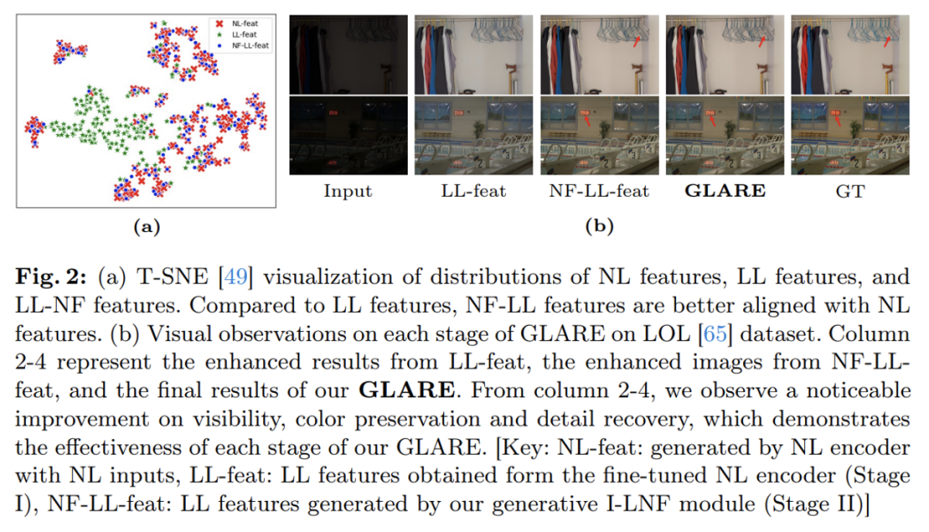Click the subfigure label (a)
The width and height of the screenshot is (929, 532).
coord(146,227)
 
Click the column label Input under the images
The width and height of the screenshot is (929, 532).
coord(348,192)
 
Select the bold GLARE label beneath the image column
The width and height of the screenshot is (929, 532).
coord(724,191)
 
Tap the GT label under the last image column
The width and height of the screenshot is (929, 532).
coord(849,192)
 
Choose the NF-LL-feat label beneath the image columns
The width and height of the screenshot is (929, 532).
coord(599,192)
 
